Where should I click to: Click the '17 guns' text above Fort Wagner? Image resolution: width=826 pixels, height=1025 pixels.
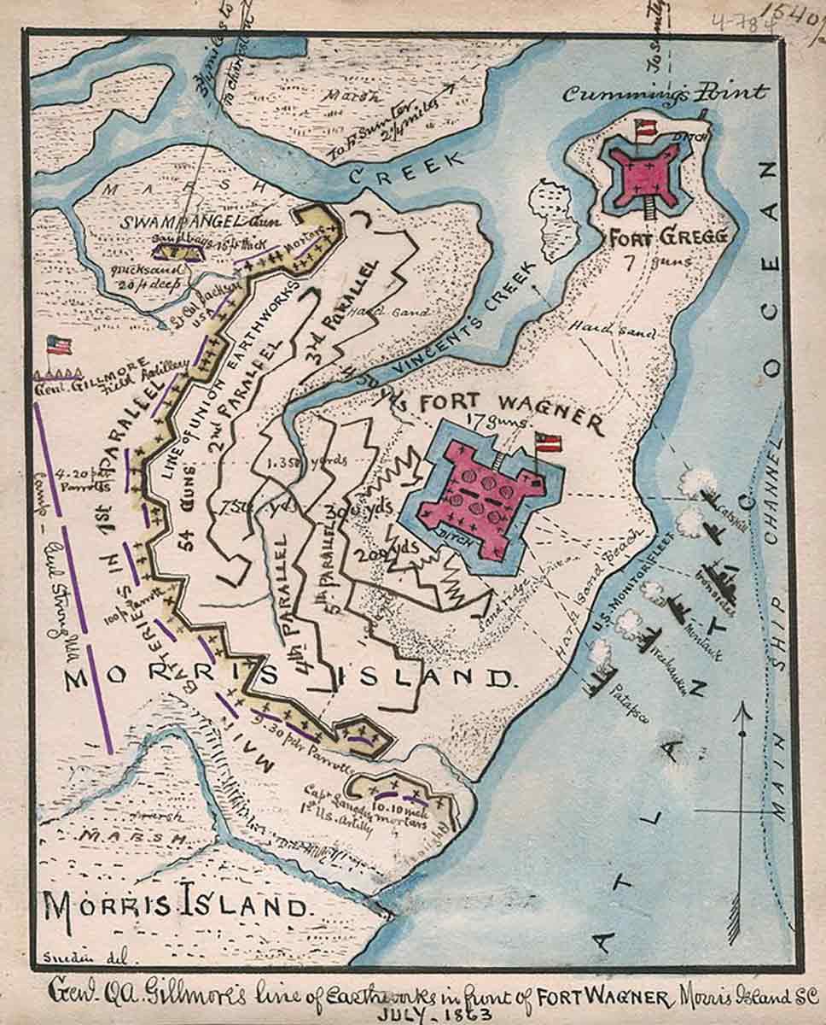(499, 421)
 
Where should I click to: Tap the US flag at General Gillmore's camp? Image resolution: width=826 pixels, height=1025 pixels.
(58, 346)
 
